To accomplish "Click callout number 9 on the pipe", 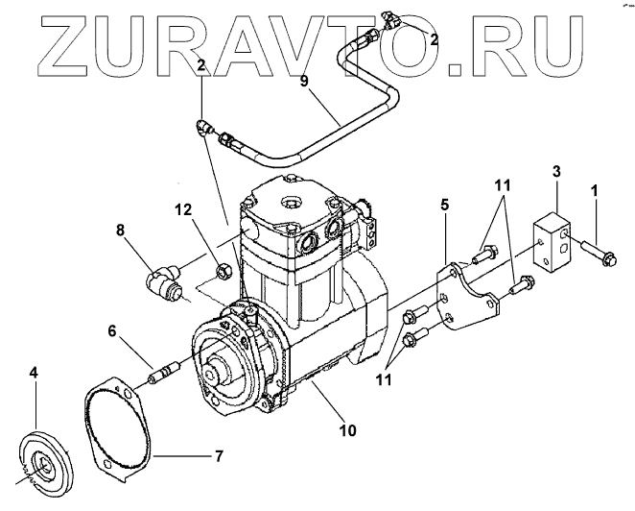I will tap(304, 82).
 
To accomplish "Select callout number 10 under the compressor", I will tap(348, 429).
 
